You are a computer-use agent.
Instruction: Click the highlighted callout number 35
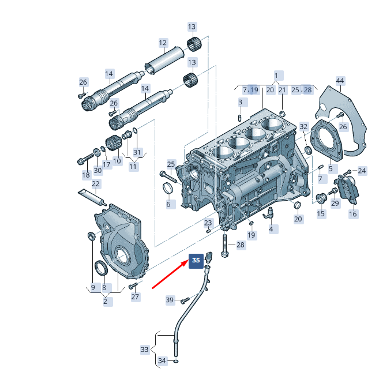pyautogui.click(x=196, y=260)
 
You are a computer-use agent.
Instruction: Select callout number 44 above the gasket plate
pyautogui.click(x=340, y=81)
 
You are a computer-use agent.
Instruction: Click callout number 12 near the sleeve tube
pyautogui.click(x=163, y=43)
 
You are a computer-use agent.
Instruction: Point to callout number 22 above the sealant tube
pyautogui.click(x=96, y=184)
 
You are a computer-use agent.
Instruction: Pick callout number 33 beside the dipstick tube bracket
pyautogui.click(x=144, y=349)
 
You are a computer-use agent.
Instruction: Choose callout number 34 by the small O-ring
pyautogui.click(x=162, y=361)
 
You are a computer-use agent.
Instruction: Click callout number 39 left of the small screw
pyautogui.click(x=170, y=300)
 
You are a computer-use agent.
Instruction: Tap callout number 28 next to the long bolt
pyautogui.click(x=241, y=245)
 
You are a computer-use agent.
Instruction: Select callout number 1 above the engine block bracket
pyautogui.click(x=276, y=76)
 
